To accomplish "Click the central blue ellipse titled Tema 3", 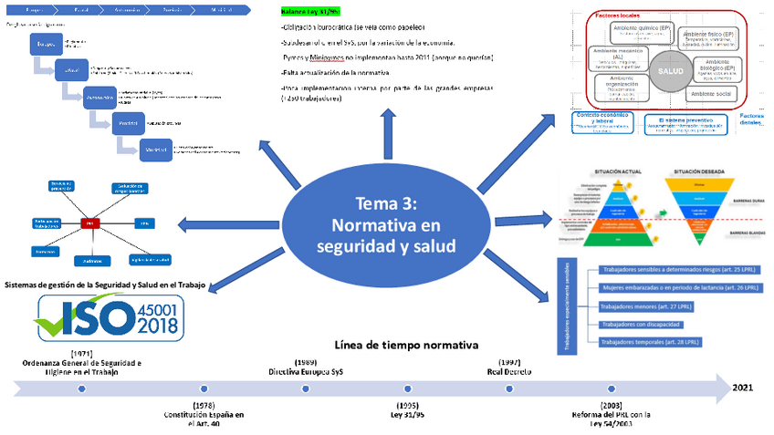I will click(387, 224).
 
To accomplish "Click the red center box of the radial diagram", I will click(90, 223).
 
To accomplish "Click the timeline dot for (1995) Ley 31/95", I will click(408, 388).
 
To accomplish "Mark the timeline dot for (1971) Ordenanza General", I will click(81, 388).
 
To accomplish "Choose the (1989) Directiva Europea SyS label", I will click(305, 366).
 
